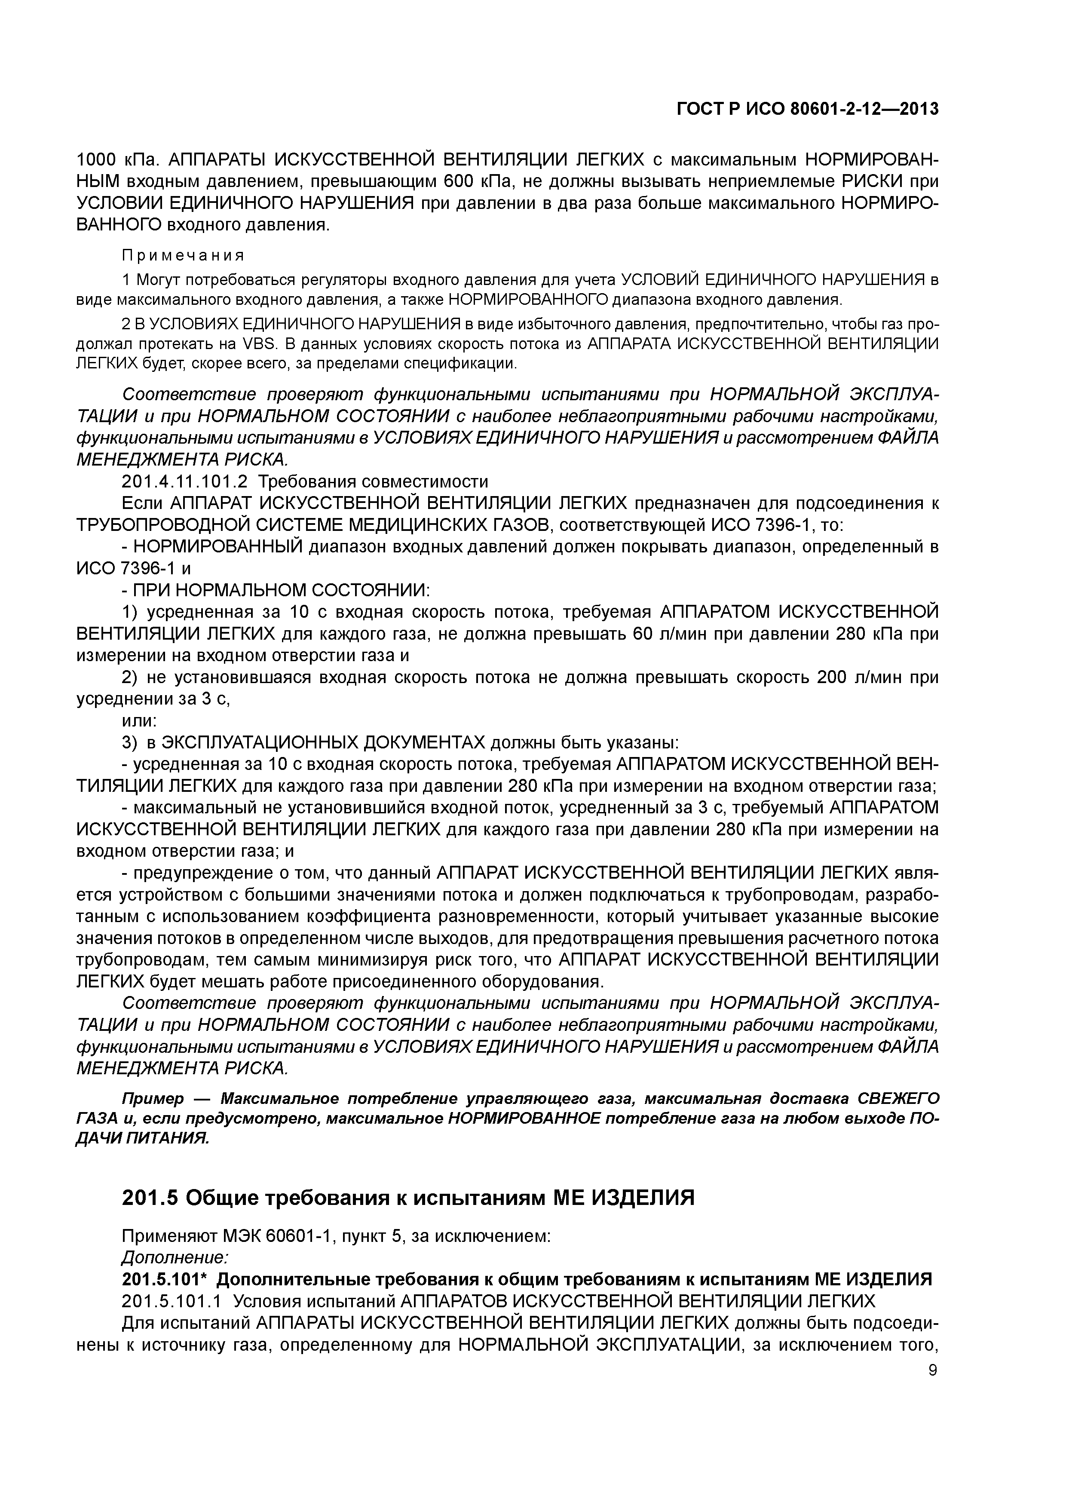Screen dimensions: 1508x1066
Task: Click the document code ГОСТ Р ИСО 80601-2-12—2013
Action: click(807, 109)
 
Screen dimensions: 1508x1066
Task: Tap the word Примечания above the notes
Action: click(183, 255)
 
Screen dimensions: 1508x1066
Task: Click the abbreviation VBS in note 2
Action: click(261, 343)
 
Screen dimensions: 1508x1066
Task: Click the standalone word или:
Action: click(140, 720)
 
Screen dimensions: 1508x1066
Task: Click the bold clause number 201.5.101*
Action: click(165, 1279)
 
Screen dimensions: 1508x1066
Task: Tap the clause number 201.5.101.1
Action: click(173, 1301)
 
